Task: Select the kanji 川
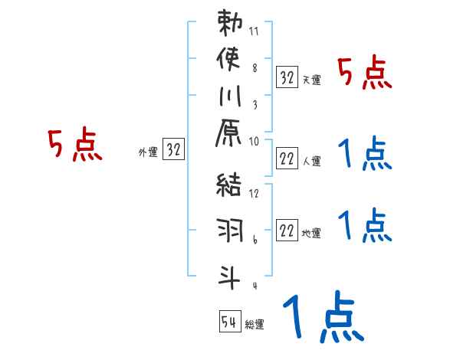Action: (230, 99)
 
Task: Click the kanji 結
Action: (230, 186)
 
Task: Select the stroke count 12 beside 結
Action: (254, 194)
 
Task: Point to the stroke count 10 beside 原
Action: (254, 142)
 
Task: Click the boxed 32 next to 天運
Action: (287, 77)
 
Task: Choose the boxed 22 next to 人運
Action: (287, 159)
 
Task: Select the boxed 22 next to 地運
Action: (287, 231)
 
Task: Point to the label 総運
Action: (255, 325)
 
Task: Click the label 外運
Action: (148, 152)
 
